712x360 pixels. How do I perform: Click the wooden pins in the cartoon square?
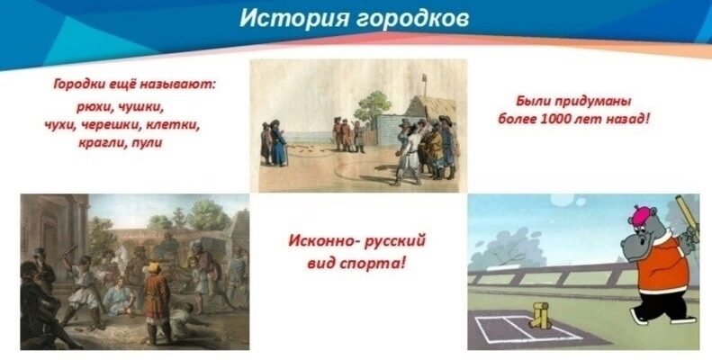pyautogui.click(x=539, y=315)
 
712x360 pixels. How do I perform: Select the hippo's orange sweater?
pyautogui.click(x=662, y=264)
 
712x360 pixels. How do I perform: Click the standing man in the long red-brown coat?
pyautogui.click(x=157, y=301)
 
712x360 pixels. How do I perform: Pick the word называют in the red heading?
pyautogui.click(x=177, y=85)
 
